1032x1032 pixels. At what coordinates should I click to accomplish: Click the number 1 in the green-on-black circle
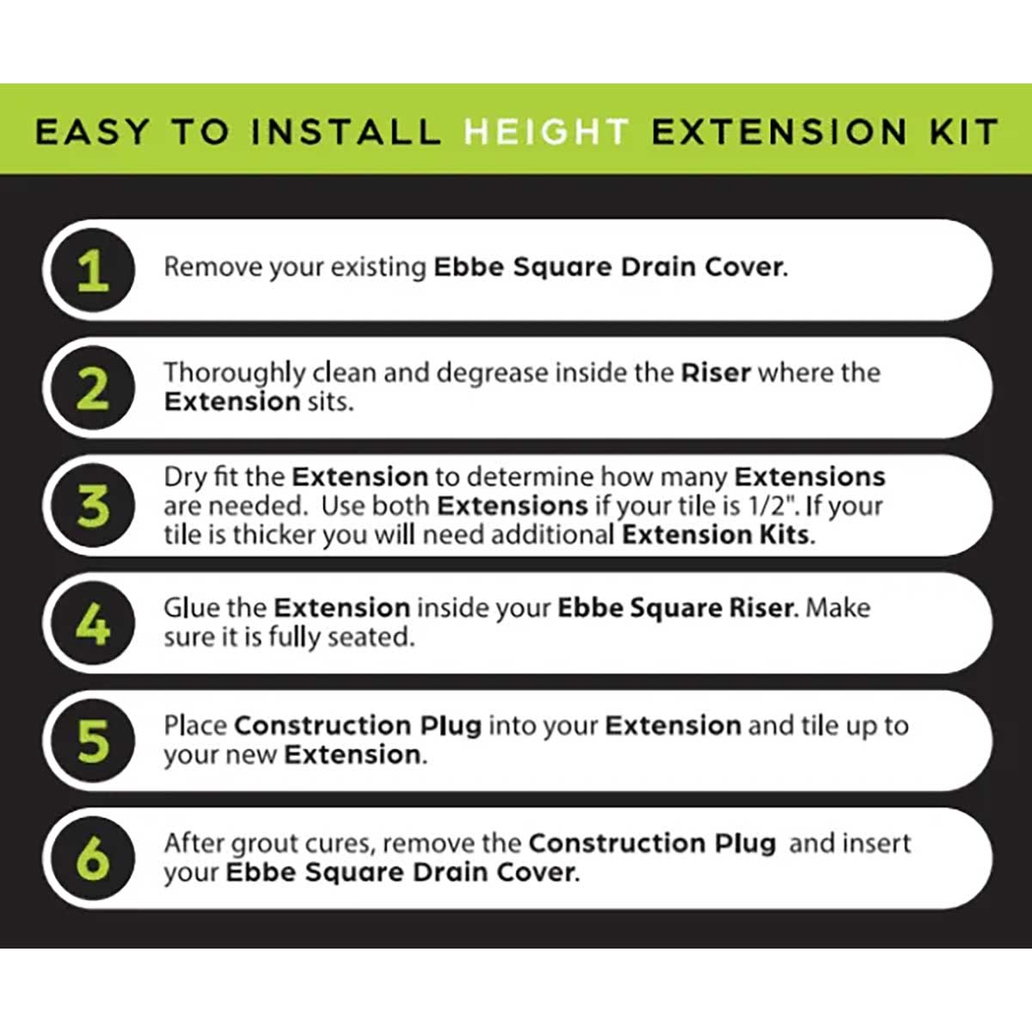(92, 271)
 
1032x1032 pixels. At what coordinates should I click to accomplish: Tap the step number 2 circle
(92, 389)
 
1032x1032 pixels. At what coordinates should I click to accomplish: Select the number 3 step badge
(92, 506)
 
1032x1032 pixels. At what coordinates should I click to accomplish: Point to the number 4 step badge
(92, 623)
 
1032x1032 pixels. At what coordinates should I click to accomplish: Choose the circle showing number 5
(92, 741)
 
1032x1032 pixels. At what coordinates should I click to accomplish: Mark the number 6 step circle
(92, 858)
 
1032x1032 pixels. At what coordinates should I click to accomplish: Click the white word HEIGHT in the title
(546, 132)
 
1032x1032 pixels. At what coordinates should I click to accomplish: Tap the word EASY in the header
(92, 132)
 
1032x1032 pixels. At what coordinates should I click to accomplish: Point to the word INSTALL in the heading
(346, 132)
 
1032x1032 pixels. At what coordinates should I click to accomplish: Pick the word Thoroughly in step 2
(234, 373)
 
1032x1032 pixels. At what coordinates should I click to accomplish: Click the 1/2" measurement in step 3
(769, 506)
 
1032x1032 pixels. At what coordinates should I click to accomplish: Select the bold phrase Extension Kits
(716, 535)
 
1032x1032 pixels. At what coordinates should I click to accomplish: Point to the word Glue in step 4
(192, 608)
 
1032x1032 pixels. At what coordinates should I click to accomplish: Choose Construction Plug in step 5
(357, 726)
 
